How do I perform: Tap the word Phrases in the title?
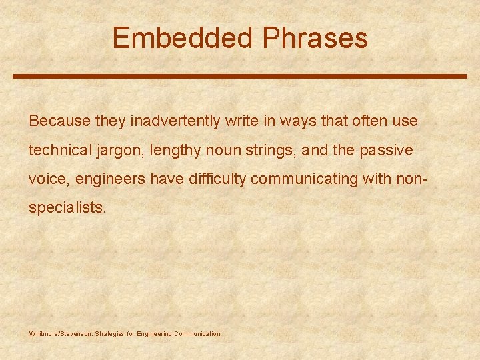point(315,38)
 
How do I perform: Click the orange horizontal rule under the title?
point(240,76)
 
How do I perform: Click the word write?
point(241,121)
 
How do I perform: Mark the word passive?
point(386,151)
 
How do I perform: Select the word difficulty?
point(213,179)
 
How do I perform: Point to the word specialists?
point(67,207)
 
